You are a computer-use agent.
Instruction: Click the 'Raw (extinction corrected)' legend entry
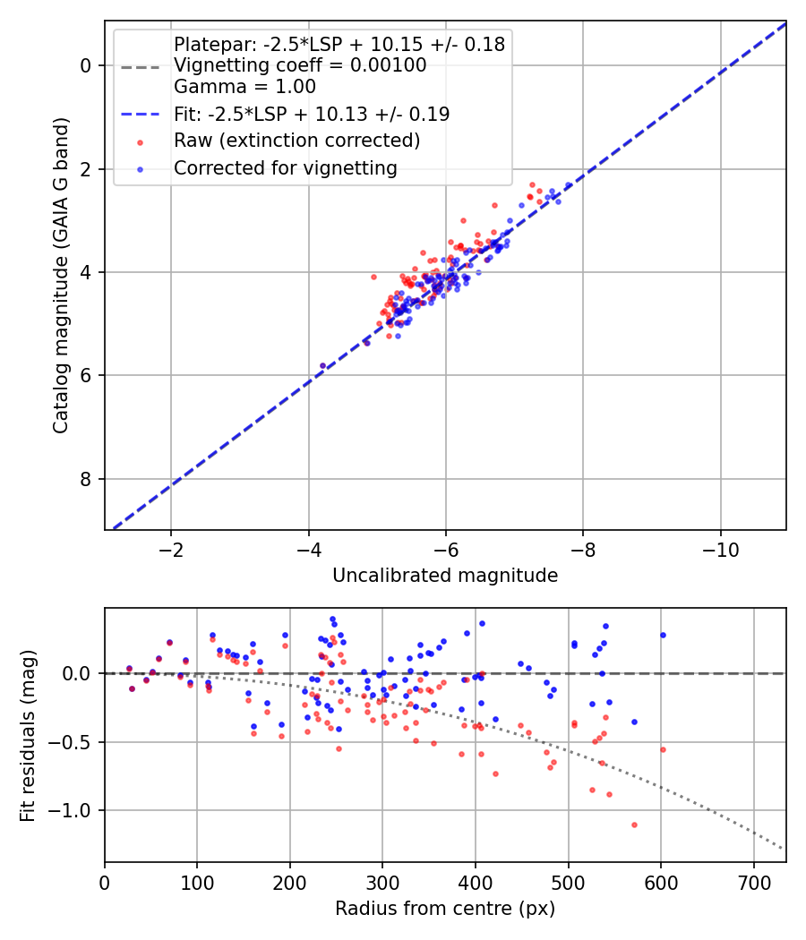click(296, 141)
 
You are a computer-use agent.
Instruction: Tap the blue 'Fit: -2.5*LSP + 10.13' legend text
click(311, 114)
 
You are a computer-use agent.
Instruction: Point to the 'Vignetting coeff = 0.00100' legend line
click(299, 65)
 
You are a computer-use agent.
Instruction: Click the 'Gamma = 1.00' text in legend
click(244, 87)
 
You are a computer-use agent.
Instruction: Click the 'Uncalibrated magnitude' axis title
click(445, 576)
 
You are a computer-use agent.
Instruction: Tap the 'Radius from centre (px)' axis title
click(445, 909)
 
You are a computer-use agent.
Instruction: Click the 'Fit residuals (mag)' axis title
click(29, 735)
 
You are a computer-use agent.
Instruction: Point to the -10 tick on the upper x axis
click(721, 549)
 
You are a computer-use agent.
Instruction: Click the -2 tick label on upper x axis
click(171, 549)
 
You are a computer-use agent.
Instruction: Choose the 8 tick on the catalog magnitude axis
click(87, 479)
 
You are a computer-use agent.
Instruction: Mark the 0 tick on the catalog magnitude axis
click(87, 65)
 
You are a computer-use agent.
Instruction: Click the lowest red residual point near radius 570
click(634, 825)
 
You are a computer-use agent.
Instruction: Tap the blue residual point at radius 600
click(663, 635)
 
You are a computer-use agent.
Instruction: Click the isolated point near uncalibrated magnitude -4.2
click(323, 365)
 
